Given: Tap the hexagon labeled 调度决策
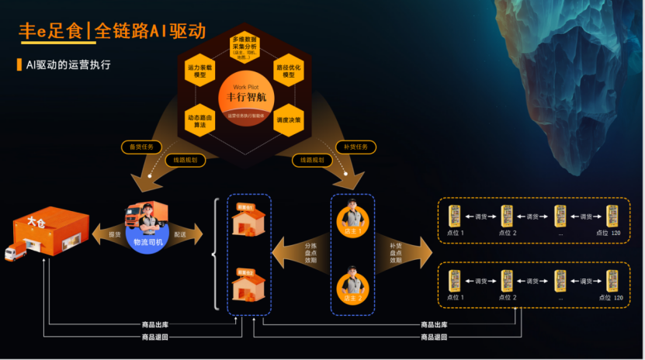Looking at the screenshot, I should coord(289,120).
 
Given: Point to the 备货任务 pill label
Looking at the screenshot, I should coord(141,146).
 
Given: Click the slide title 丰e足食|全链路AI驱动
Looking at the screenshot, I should coord(112,30).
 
